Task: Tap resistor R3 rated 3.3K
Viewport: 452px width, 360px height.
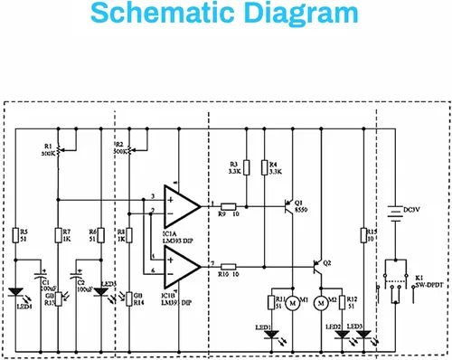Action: (246, 166)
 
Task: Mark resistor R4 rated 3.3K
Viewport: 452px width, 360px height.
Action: (264, 166)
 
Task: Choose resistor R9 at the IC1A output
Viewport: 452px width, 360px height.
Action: (228, 206)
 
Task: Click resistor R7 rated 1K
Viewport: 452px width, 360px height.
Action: (57, 237)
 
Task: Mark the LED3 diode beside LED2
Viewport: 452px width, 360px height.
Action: (363, 334)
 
